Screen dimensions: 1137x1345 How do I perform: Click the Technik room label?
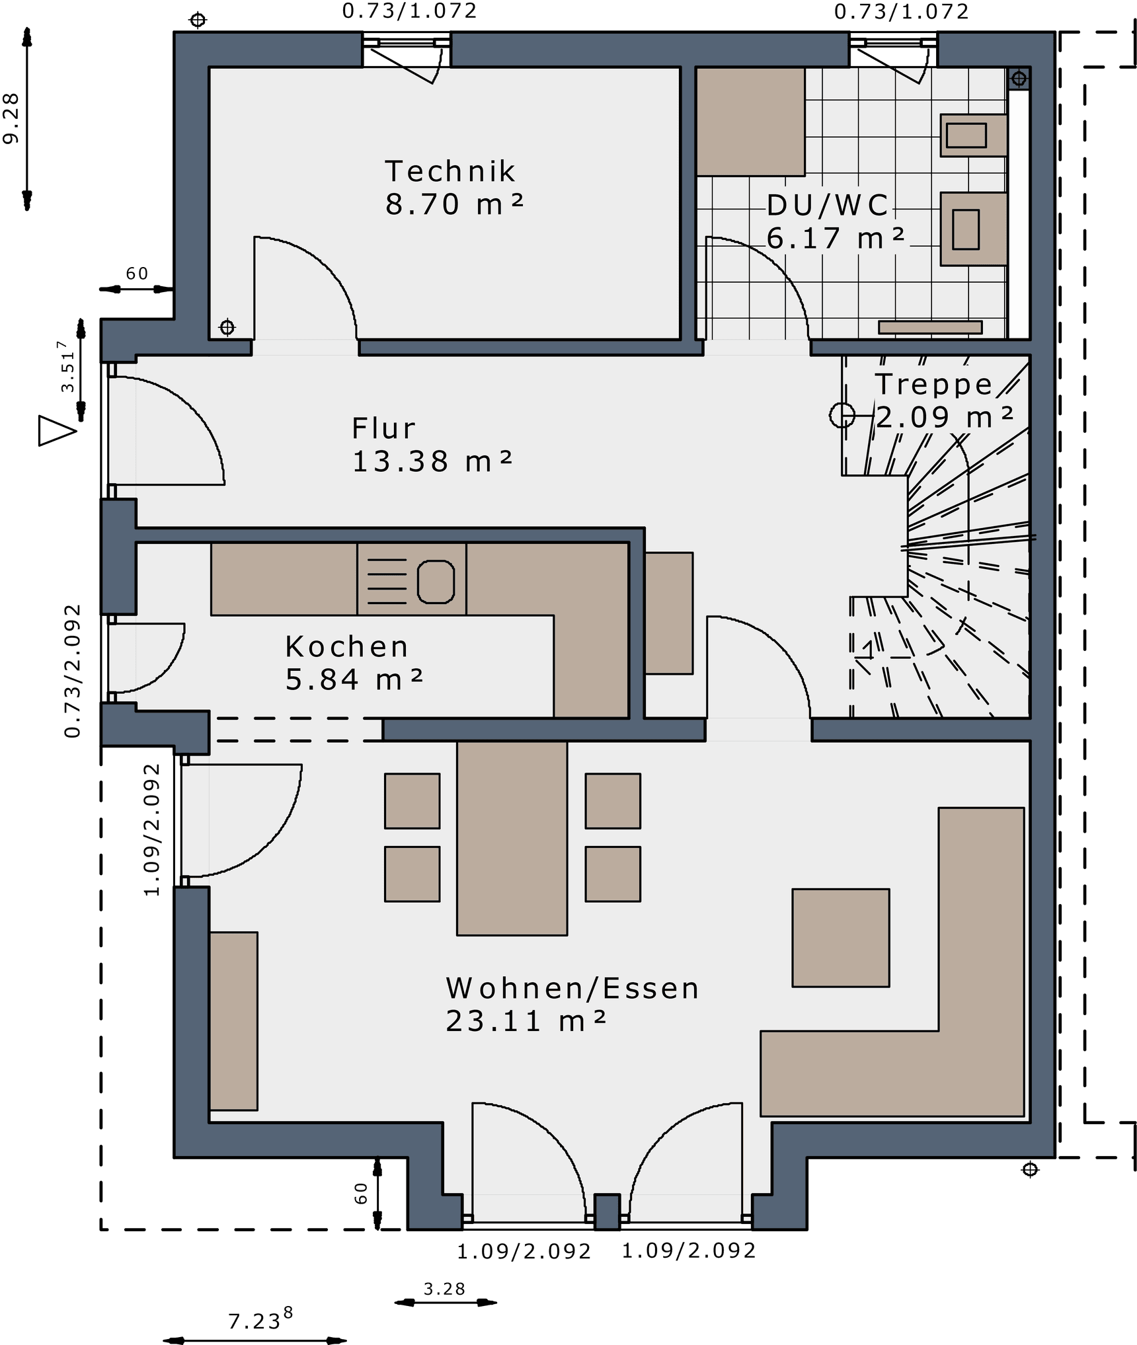(x=450, y=172)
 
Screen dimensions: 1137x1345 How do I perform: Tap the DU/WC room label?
(x=828, y=206)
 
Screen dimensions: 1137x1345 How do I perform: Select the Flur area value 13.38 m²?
(x=432, y=461)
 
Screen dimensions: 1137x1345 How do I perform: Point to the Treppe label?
(x=933, y=384)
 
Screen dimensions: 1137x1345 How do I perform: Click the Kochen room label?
(x=347, y=646)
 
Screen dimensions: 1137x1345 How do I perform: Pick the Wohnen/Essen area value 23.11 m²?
(x=526, y=1021)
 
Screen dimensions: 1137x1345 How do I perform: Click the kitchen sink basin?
(x=436, y=582)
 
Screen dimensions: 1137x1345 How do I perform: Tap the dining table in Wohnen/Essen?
(x=512, y=838)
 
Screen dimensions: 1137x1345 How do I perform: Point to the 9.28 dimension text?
(x=11, y=118)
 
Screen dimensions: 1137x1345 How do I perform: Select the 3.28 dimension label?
(x=444, y=1289)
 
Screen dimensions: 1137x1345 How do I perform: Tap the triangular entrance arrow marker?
(x=57, y=430)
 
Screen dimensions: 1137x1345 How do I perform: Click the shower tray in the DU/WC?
(x=750, y=122)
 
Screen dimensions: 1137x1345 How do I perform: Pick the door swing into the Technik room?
(x=305, y=288)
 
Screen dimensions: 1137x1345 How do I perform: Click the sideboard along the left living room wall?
(x=233, y=1020)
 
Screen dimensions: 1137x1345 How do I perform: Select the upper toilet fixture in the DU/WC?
(x=974, y=135)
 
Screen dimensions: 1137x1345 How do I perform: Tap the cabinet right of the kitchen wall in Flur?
(x=669, y=613)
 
